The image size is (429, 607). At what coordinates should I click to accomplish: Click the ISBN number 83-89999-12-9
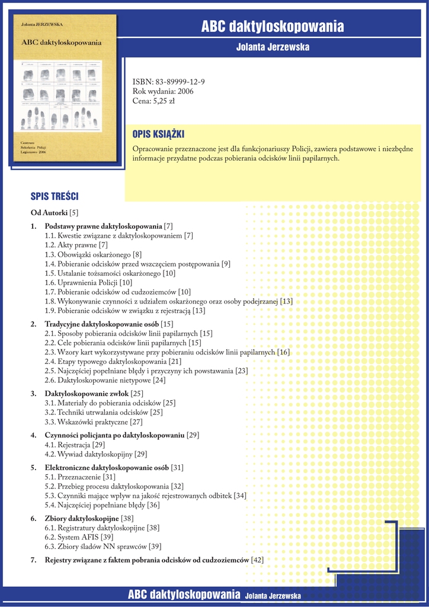tap(180, 82)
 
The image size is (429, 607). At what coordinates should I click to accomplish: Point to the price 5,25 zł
tap(164, 101)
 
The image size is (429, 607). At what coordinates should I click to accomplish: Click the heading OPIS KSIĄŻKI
tap(158, 135)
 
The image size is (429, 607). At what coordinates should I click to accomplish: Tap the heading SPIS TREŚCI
tap(55, 196)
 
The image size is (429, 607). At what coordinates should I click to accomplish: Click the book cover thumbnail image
tap(65, 88)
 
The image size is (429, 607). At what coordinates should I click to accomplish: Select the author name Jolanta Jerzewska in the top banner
tap(273, 47)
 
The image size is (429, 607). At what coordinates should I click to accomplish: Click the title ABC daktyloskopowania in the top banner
tap(273, 26)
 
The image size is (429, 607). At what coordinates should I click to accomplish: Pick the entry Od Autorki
tap(49, 212)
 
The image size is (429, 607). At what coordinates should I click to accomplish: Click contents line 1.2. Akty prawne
tap(76, 245)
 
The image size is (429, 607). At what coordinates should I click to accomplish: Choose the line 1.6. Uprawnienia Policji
tap(88, 283)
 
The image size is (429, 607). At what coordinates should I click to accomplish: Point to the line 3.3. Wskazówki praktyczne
tap(93, 422)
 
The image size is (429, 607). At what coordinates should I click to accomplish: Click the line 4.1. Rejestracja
tap(75, 445)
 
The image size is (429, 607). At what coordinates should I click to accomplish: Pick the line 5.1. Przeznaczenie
tap(80, 477)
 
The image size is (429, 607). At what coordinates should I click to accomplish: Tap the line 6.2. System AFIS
tap(79, 537)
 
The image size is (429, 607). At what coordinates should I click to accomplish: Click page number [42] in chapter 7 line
tap(257, 560)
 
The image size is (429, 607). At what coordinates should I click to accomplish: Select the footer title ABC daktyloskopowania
tap(184, 595)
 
